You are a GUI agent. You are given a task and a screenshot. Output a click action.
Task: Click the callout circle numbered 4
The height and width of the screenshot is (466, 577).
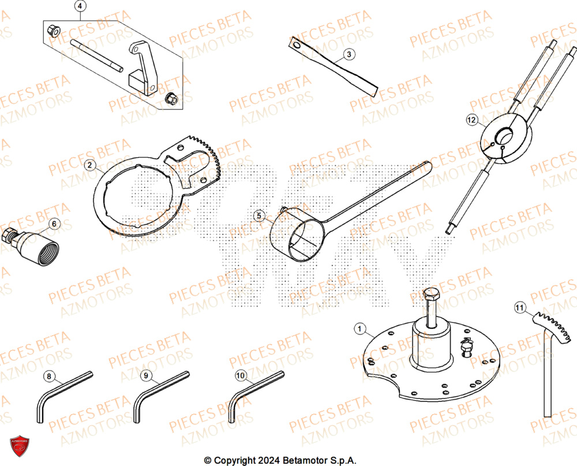[80, 7]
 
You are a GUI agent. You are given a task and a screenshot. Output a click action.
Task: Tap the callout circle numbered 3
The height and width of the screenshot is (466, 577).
[349, 55]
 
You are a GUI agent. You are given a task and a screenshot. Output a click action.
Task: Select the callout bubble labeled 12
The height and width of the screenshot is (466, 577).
[472, 120]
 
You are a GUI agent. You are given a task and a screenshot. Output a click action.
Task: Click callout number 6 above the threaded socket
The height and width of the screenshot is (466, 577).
[53, 223]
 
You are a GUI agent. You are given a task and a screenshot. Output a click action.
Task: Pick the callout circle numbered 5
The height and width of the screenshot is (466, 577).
[259, 216]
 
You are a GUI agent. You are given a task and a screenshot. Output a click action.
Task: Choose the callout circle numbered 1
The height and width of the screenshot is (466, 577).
[360, 329]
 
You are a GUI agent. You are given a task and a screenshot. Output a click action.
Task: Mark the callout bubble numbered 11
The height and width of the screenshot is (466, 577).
[519, 309]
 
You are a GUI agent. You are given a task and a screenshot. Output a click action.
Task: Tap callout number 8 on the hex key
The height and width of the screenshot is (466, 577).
[49, 377]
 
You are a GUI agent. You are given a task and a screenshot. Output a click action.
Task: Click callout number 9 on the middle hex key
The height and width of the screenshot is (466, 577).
[146, 376]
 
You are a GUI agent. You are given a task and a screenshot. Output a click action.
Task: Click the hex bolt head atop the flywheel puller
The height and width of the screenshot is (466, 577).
[430, 298]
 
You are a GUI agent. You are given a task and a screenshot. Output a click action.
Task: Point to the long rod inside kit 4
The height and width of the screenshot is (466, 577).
[96, 55]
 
